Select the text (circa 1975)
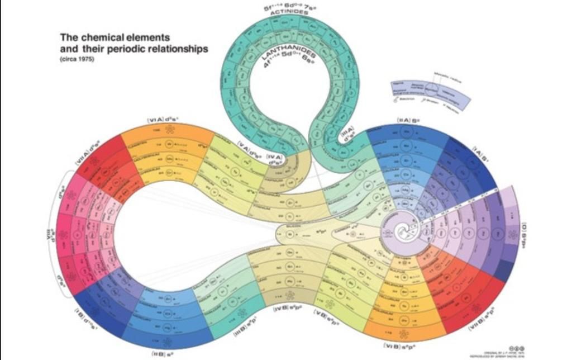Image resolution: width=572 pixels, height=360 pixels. pyautogui.click(x=77, y=60)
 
